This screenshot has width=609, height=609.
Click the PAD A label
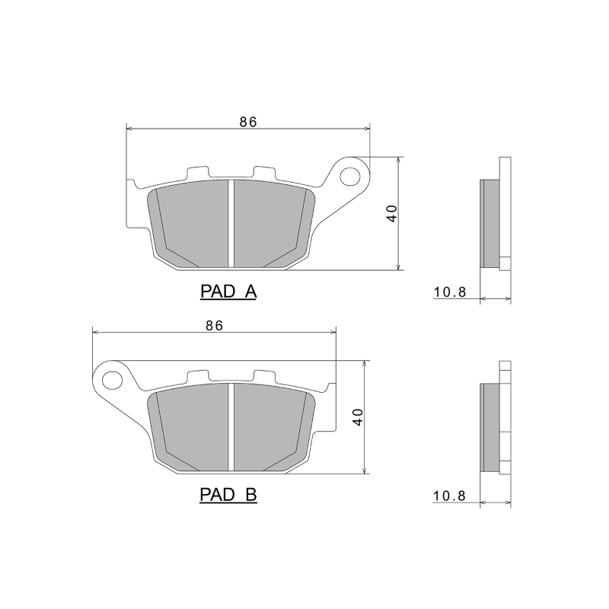(228, 292)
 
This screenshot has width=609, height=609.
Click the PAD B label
(228, 496)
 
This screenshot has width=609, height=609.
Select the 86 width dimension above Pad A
(248, 121)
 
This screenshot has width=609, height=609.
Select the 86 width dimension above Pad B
(214, 325)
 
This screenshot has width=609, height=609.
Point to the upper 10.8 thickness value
(449, 292)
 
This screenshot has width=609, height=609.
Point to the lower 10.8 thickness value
(449, 496)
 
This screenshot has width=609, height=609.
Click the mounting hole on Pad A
(351, 176)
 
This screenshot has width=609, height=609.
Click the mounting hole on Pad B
(113, 380)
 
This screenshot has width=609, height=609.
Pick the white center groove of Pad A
(230, 223)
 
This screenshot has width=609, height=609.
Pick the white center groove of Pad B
(230, 427)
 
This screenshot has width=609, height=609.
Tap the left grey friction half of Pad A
(190, 223)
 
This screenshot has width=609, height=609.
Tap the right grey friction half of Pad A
(270, 223)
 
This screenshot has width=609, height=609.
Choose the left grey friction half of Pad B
(190, 427)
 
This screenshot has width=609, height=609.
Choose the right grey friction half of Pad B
(270, 427)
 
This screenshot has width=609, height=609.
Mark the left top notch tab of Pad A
(197, 173)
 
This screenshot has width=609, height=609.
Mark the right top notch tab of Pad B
(263, 377)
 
